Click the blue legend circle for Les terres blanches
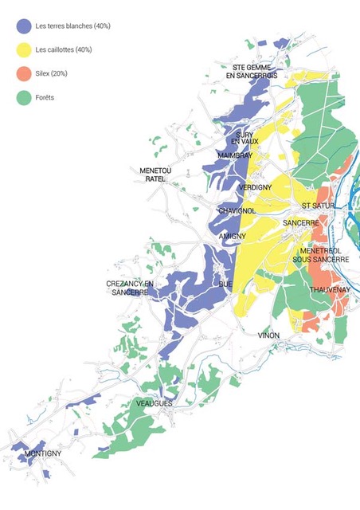[24, 26]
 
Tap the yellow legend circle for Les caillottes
[24, 50]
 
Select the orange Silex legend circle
[24, 74]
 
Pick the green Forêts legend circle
[24, 98]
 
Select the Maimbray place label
[234, 155]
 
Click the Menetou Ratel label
[155, 175]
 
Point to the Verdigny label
[256, 187]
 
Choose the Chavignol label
[237, 210]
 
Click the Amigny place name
[233, 237]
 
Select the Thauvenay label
[329, 289]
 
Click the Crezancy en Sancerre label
[130, 288]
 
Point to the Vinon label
[268, 335]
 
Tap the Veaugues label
[154, 404]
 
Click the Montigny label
[43, 453]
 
